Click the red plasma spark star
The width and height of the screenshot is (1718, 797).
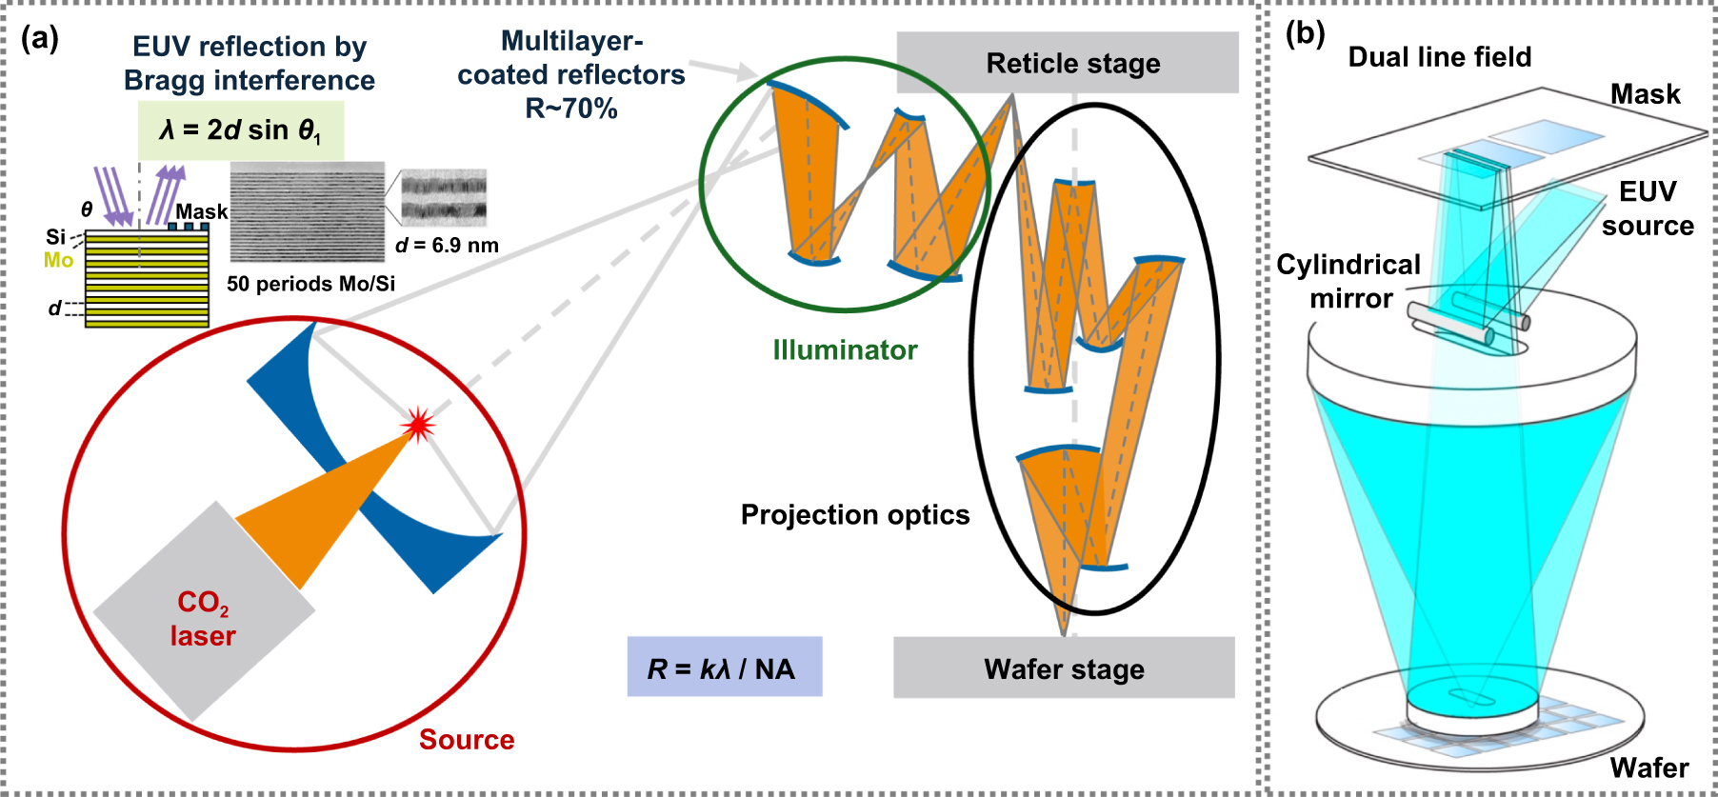tap(417, 425)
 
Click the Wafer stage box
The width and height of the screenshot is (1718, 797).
tap(1064, 668)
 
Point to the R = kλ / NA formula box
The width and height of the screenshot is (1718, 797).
tap(724, 667)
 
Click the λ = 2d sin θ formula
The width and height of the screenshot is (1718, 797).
tap(240, 130)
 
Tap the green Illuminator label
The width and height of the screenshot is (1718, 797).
tap(845, 350)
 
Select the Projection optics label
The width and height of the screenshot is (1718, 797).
tap(854, 515)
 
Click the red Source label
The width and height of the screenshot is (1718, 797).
tap(467, 740)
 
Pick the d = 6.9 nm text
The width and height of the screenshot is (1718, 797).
tap(447, 246)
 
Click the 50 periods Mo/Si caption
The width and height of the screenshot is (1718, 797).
tap(310, 284)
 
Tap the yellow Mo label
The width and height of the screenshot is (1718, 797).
tap(58, 260)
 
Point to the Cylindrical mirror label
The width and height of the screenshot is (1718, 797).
tap(1348, 282)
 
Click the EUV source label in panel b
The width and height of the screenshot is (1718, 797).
tap(1648, 209)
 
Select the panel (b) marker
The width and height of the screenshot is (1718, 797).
tap(1305, 34)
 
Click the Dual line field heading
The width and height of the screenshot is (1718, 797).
tap(1439, 57)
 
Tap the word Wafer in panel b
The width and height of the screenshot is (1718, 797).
tap(1648, 767)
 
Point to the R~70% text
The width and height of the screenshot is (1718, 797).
tap(571, 109)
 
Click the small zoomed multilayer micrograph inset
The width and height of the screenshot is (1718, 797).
tap(444, 198)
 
